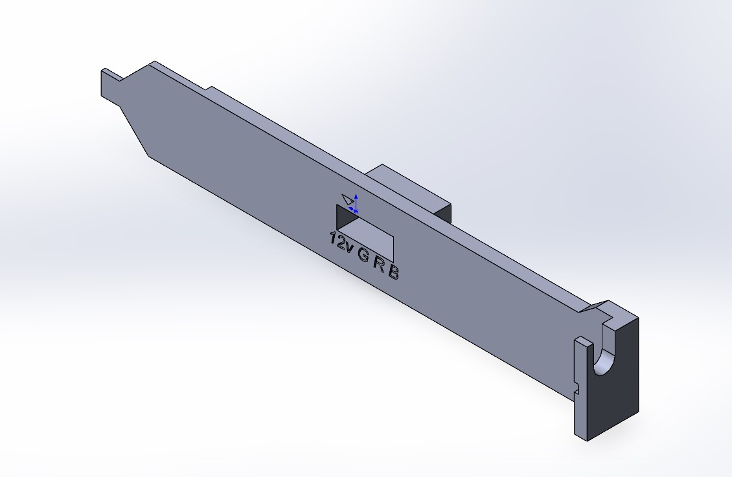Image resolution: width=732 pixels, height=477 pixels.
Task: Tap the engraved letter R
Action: tap(379, 263)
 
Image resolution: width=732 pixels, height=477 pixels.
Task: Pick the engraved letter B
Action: tap(394, 272)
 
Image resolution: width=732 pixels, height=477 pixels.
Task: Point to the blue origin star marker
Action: tap(356, 212)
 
